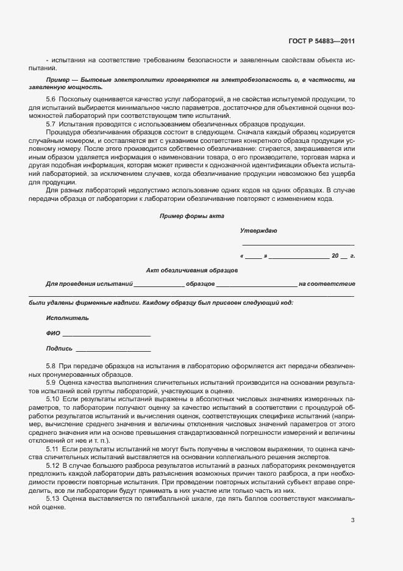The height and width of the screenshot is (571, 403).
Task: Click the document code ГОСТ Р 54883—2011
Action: click(x=321, y=42)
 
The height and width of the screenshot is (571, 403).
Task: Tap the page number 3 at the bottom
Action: click(x=352, y=520)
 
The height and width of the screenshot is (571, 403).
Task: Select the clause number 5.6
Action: click(x=51, y=99)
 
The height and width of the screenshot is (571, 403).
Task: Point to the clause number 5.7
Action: click(x=51, y=124)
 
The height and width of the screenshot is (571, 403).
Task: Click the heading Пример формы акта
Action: click(x=192, y=216)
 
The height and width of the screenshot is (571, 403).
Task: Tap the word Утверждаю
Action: click(x=259, y=231)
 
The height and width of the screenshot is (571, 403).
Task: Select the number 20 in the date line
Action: click(x=335, y=256)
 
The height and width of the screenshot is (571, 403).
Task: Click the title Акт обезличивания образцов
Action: click(x=192, y=270)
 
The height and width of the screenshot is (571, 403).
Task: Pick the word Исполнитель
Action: click(x=67, y=318)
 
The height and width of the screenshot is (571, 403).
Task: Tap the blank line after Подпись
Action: click(x=113, y=349)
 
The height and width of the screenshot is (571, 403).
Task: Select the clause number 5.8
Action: click(x=51, y=365)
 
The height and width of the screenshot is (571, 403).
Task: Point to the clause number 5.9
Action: click(x=51, y=382)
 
